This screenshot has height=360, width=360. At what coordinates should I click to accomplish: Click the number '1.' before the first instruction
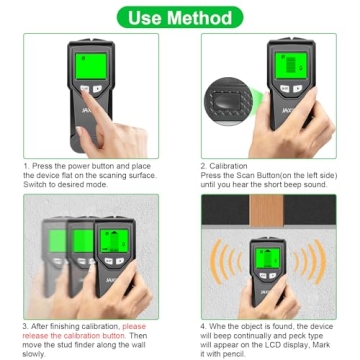24,166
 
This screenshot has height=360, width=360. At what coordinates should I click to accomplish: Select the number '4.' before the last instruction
204,325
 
